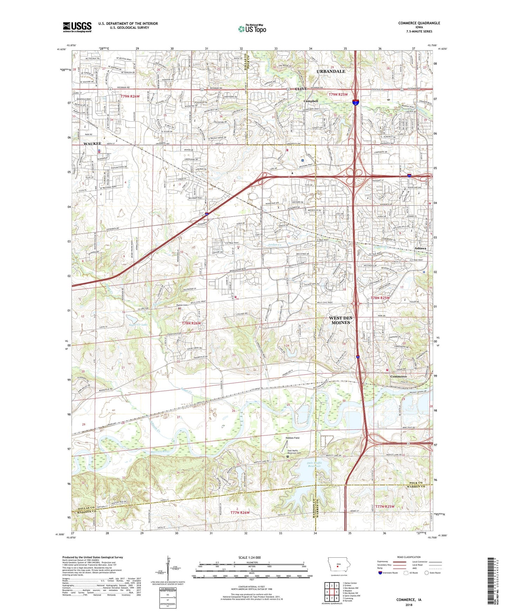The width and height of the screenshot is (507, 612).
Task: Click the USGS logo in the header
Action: (x=77, y=27)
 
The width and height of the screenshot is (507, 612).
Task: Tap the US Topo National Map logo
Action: (x=252, y=29)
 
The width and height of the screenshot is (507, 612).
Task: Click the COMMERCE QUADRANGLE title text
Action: (x=419, y=23)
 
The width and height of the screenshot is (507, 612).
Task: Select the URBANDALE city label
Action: (x=331, y=71)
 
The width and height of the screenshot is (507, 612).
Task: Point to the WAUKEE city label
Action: (x=92, y=144)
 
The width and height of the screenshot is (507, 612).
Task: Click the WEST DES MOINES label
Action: (x=340, y=320)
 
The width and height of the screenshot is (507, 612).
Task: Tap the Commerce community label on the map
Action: (x=399, y=376)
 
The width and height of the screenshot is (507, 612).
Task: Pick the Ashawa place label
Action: (x=420, y=248)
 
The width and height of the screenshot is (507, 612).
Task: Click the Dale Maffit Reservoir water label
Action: (x=314, y=464)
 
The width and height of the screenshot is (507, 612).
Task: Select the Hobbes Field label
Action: (x=292, y=438)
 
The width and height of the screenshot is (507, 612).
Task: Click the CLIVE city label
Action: (x=301, y=89)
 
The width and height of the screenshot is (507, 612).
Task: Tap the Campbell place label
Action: (x=311, y=101)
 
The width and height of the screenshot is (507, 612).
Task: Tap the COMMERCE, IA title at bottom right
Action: (x=409, y=600)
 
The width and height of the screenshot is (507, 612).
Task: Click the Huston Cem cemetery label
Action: (x=182, y=305)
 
